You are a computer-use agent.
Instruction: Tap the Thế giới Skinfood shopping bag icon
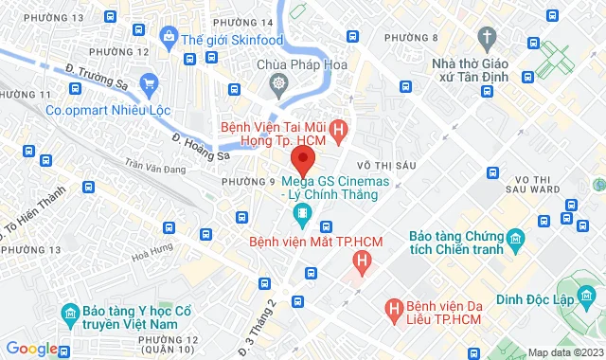pyautogui.click(x=169, y=38)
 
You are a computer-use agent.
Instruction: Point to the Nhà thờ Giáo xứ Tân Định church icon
pyautogui.click(x=488, y=39)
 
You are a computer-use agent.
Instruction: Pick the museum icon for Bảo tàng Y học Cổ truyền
pyautogui.click(x=70, y=314)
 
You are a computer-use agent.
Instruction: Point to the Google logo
pyautogui.click(x=31, y=349)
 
